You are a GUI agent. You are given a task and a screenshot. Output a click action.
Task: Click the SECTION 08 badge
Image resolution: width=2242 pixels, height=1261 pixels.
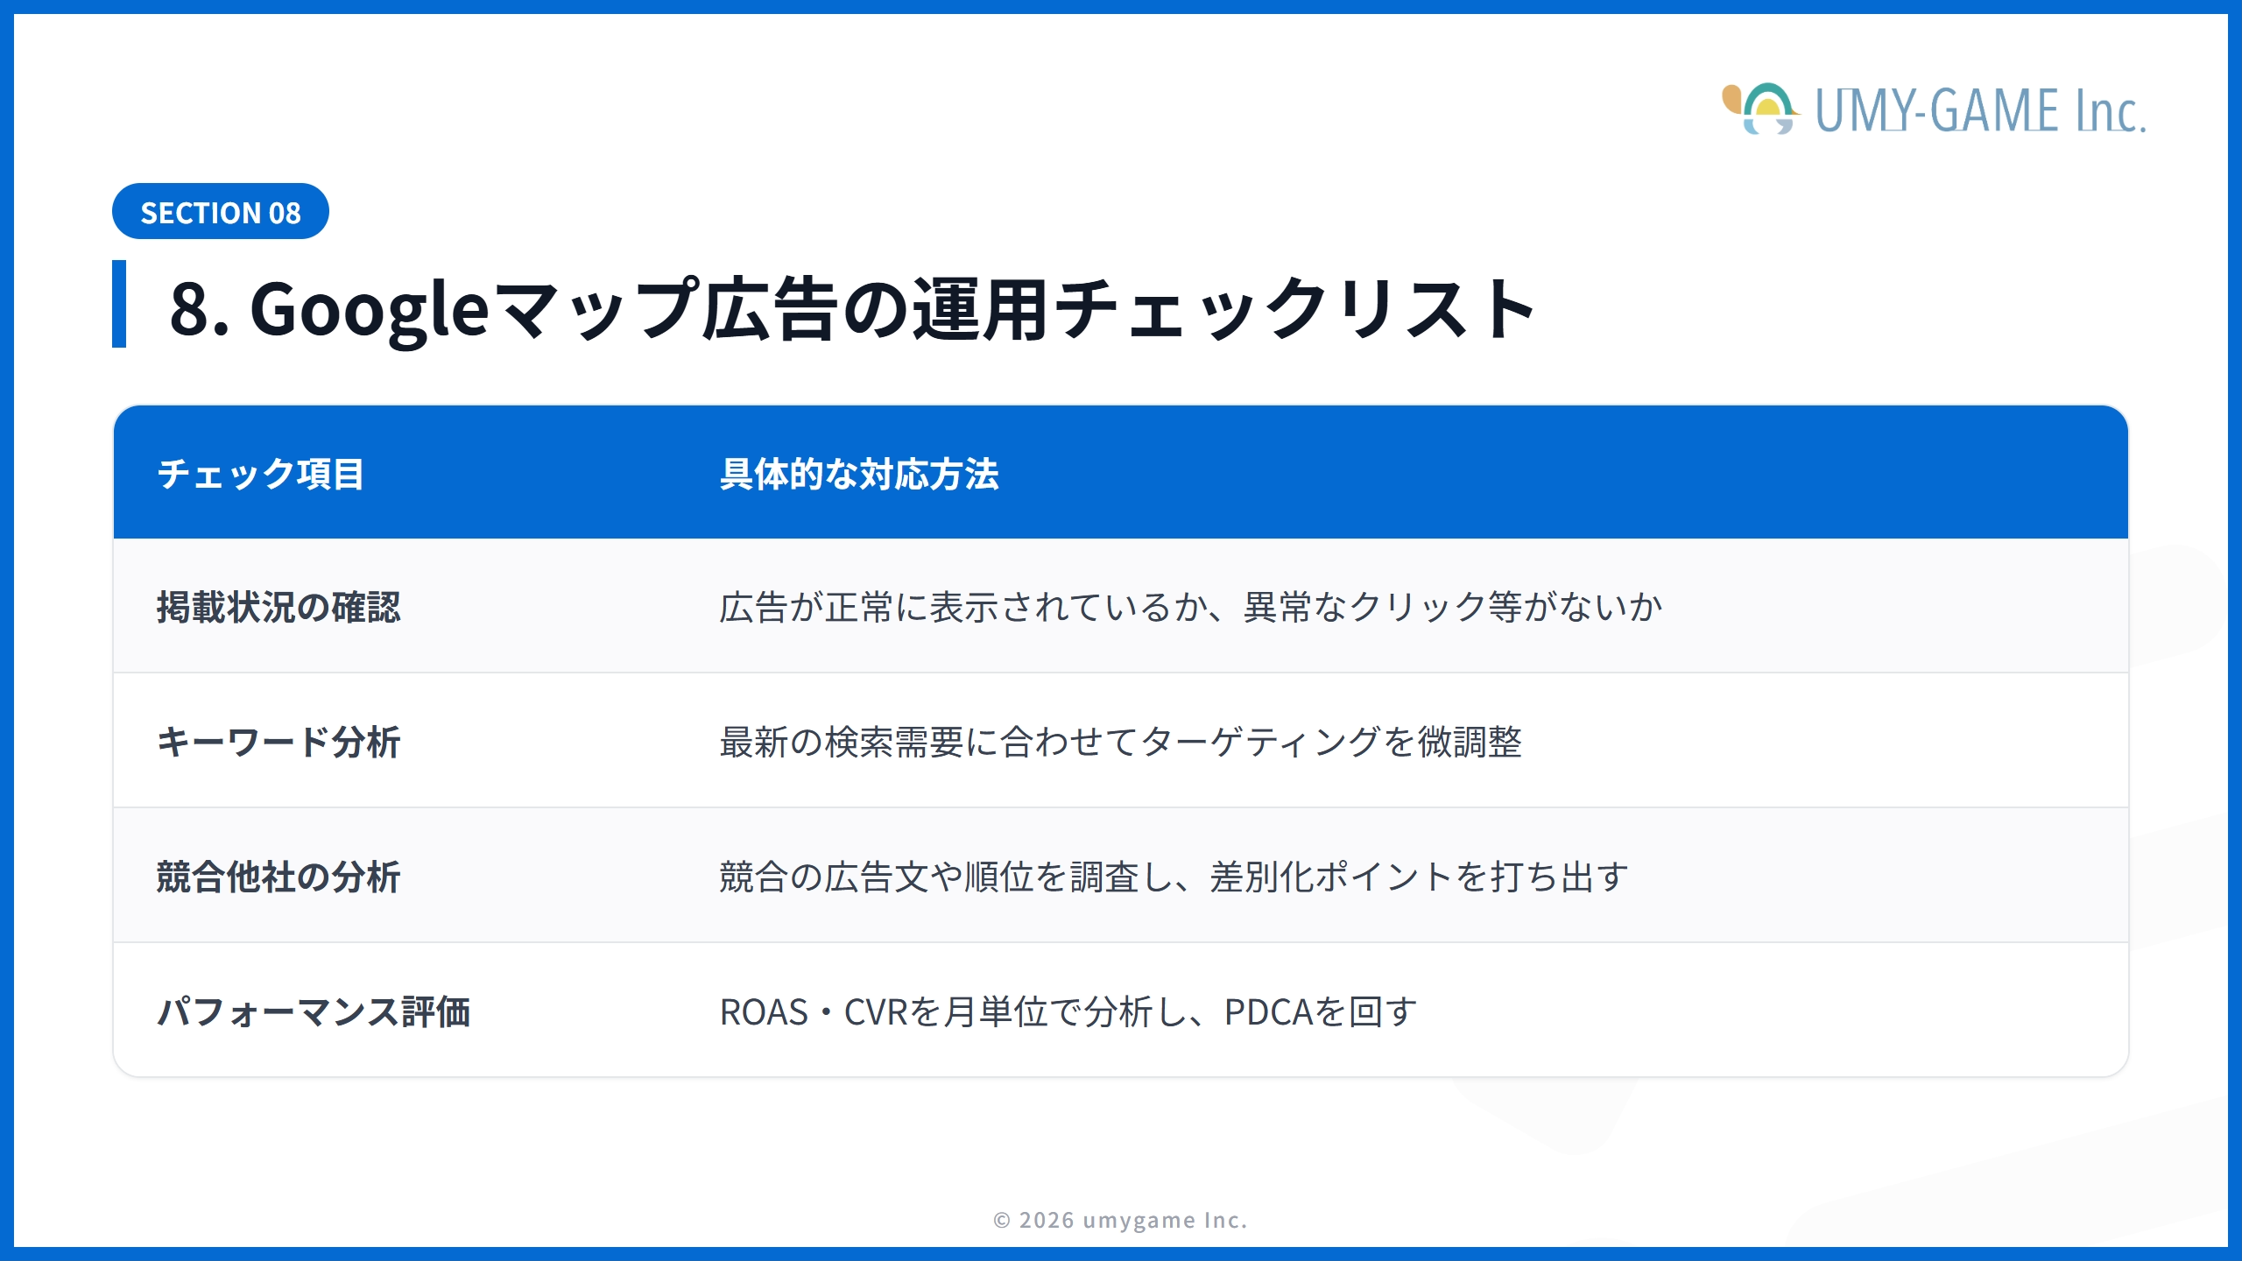pyautogui.click(x=220, y=212)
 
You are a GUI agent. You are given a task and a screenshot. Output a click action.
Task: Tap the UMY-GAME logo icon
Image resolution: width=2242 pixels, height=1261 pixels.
pyautogui.click(x=1760, y=109)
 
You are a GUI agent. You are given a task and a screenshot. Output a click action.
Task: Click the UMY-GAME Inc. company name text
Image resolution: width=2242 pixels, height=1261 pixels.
pyautogui.click(x=1979, y=111)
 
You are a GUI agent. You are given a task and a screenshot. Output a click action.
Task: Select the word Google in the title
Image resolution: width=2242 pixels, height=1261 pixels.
pyautogui.click(x=369, y=310)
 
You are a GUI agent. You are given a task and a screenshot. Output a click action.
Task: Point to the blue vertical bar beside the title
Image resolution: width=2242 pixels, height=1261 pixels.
pyautogui.click(x=119, y=304)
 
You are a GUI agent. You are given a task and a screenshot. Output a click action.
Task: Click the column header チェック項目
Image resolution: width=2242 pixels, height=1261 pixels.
pyautogui.click(x=260, y=474)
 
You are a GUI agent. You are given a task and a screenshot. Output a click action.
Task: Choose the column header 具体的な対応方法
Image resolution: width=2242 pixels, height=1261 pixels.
pyautogui.click(x=858, y=474)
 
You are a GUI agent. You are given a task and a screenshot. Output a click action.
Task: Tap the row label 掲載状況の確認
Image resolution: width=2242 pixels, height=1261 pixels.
pyautogui.click(x=278, y=607)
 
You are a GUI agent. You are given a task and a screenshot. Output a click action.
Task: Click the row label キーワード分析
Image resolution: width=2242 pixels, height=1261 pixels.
pyautogui.click(x=278, y=742)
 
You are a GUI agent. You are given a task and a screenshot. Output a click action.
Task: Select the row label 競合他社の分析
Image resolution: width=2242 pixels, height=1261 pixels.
pyautogui.click(x=278, y=877)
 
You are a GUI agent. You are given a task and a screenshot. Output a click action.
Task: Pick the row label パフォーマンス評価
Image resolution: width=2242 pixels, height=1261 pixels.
pyautogui.click(x=314, y=1011)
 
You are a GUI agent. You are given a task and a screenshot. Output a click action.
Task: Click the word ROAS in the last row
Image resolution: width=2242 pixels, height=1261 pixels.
pyautogui.click(x=764, y=1012)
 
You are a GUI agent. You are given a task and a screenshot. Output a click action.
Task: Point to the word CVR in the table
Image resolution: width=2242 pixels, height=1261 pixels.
pyautogui.click(x=876, y=1012)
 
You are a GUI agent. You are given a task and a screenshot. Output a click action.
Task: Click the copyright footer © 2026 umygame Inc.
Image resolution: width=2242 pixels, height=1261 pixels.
pyautogui.click(x=1120, y=1220)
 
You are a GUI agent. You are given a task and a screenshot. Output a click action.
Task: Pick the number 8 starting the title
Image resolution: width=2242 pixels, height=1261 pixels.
pyautogui.click(x=191, y=310)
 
